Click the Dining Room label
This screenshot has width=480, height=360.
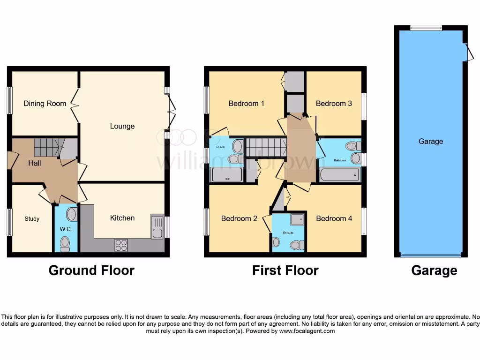45,103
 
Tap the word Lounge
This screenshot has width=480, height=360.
122,126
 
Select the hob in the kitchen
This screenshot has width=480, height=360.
121,245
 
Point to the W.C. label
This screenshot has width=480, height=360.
66,229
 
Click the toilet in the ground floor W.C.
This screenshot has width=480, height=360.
66,243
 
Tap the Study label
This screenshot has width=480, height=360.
32,219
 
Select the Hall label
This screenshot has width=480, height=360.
35,163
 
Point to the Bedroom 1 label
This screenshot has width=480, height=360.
246,103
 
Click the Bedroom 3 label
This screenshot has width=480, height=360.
334,103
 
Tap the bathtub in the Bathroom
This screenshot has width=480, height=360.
340,175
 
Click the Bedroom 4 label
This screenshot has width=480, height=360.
334,218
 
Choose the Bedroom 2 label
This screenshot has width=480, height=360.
239,218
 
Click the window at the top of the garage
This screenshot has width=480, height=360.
426,28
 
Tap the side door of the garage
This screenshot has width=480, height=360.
467,52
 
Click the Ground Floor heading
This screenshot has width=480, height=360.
91,270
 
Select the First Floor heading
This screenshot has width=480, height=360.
285,270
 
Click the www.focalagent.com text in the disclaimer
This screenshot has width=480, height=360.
307,331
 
